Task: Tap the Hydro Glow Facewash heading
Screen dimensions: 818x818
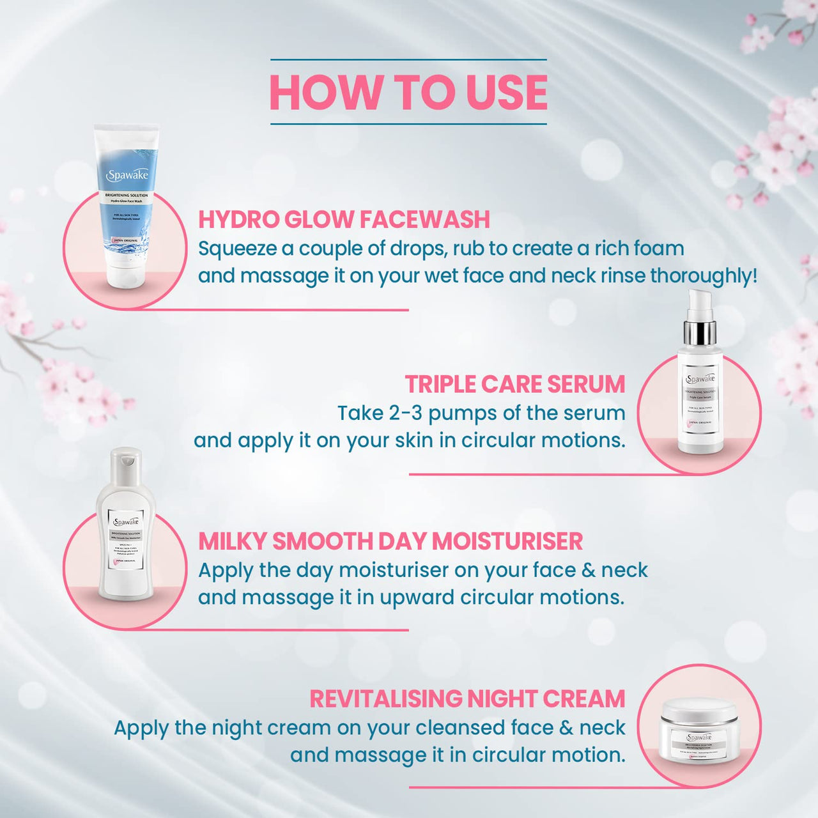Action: pyautogui.click(x=344, y=219)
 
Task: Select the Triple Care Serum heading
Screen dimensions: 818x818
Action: pyautogui.click(x=514, y=384)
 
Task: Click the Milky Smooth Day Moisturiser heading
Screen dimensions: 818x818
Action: pyautogui.click(x=390, y=541)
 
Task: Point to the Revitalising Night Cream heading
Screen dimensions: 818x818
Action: pyautogui.click(x=467, y=698)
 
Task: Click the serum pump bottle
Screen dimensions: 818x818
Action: pyautogui.click(x=700, y=396)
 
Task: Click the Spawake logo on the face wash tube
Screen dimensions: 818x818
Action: pyautogui.click(x=127, y=174)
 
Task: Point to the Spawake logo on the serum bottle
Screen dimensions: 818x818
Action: pyautogui.click(x=700, y=378)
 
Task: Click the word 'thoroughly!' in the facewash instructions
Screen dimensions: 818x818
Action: pyautogui.click(x=704, y=276)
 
